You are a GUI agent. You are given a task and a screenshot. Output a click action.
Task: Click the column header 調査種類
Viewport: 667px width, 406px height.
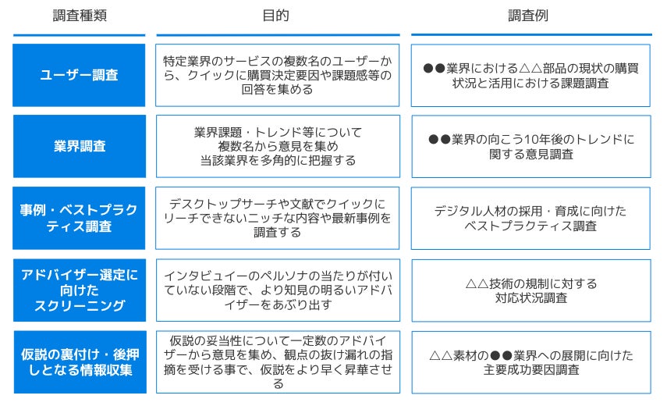tap(79, 16)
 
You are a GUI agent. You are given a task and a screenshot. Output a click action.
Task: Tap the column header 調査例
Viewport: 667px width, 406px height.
tap(530, 16)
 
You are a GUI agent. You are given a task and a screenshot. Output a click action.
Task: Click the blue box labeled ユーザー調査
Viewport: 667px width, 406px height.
tap(79, 75)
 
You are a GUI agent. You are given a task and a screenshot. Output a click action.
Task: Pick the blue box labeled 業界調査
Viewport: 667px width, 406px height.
tap(79, 146)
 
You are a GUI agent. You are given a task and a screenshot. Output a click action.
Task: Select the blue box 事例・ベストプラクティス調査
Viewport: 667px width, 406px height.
tap(79, 218)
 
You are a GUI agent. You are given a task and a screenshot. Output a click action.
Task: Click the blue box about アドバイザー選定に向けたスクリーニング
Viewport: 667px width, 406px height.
tap(79, 290)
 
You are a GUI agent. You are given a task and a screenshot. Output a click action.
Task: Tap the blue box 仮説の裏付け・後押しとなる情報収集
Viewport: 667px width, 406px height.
tap(79, 361)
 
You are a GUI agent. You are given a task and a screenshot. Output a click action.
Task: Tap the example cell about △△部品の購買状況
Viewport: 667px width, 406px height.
tap(530, 75)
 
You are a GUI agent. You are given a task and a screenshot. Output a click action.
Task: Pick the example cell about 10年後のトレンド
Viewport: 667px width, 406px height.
tap(530, 146)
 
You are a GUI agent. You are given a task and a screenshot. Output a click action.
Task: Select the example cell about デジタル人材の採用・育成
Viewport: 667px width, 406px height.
tap(530, 218)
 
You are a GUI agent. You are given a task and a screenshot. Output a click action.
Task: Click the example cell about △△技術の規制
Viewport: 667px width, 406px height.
tap(530, 290)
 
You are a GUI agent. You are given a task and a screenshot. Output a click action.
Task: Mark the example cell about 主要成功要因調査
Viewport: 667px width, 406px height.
tap(530, 361)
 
